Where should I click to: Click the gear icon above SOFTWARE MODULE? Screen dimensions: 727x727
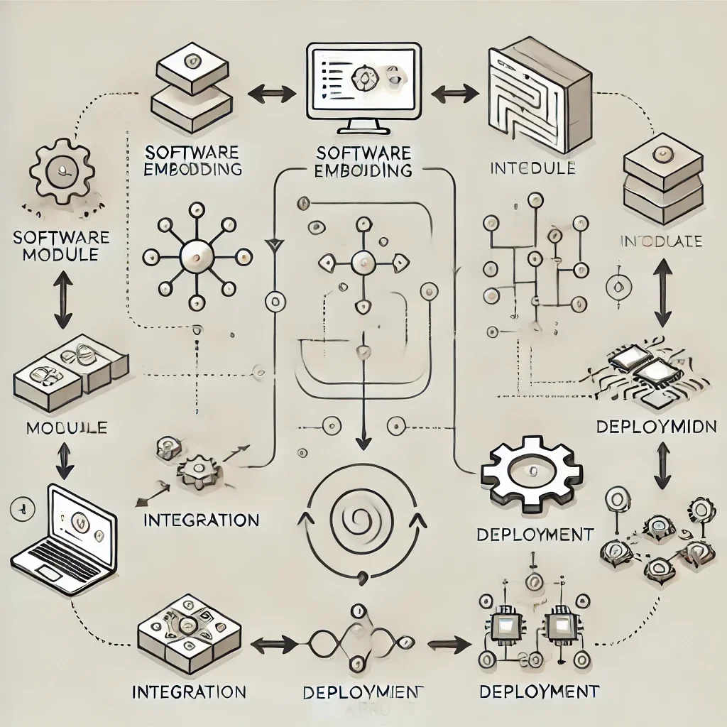coord(62,170)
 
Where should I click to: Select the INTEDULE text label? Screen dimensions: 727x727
coord(532,169)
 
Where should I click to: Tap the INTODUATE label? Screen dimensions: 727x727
coord(661,241)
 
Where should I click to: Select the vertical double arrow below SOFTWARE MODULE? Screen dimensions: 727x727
coord(62,300)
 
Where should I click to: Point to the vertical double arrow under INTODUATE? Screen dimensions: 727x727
coord(662,291)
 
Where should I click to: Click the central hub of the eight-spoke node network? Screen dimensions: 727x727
coord(194,254)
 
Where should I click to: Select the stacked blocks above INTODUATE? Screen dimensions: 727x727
coord(662,177)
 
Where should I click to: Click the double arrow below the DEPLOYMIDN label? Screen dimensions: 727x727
coord(662,465)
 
